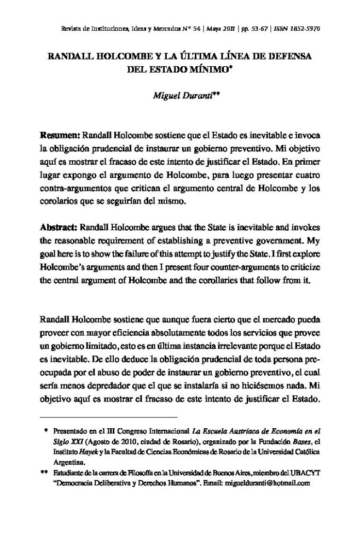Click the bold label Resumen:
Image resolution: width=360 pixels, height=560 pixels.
tap(59, 135)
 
